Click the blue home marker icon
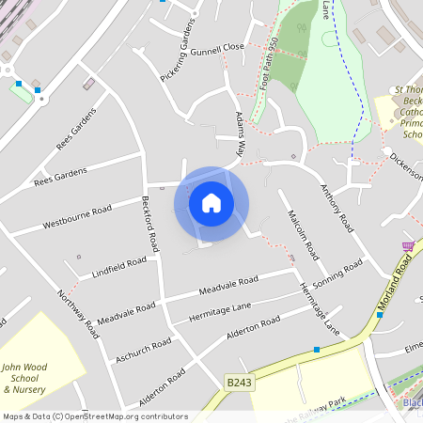tap(211, 203)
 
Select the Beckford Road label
tap(151, 224)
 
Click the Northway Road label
tap(77, 314)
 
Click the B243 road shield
tap(239, 382)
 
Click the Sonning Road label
tap(338, 273)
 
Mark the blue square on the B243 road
tap(317, 350)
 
